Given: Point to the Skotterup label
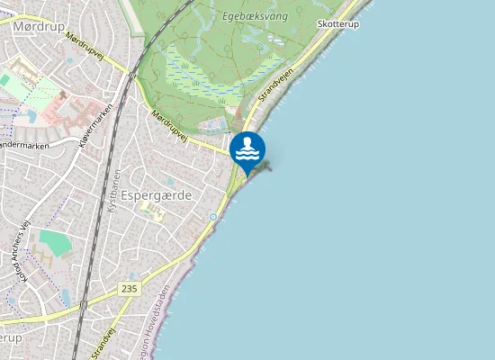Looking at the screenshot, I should (337, 24).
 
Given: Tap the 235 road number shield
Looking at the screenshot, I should (129, 288).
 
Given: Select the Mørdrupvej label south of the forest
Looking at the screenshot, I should (169, 126).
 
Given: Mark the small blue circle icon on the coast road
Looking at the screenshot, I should (212, 217).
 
